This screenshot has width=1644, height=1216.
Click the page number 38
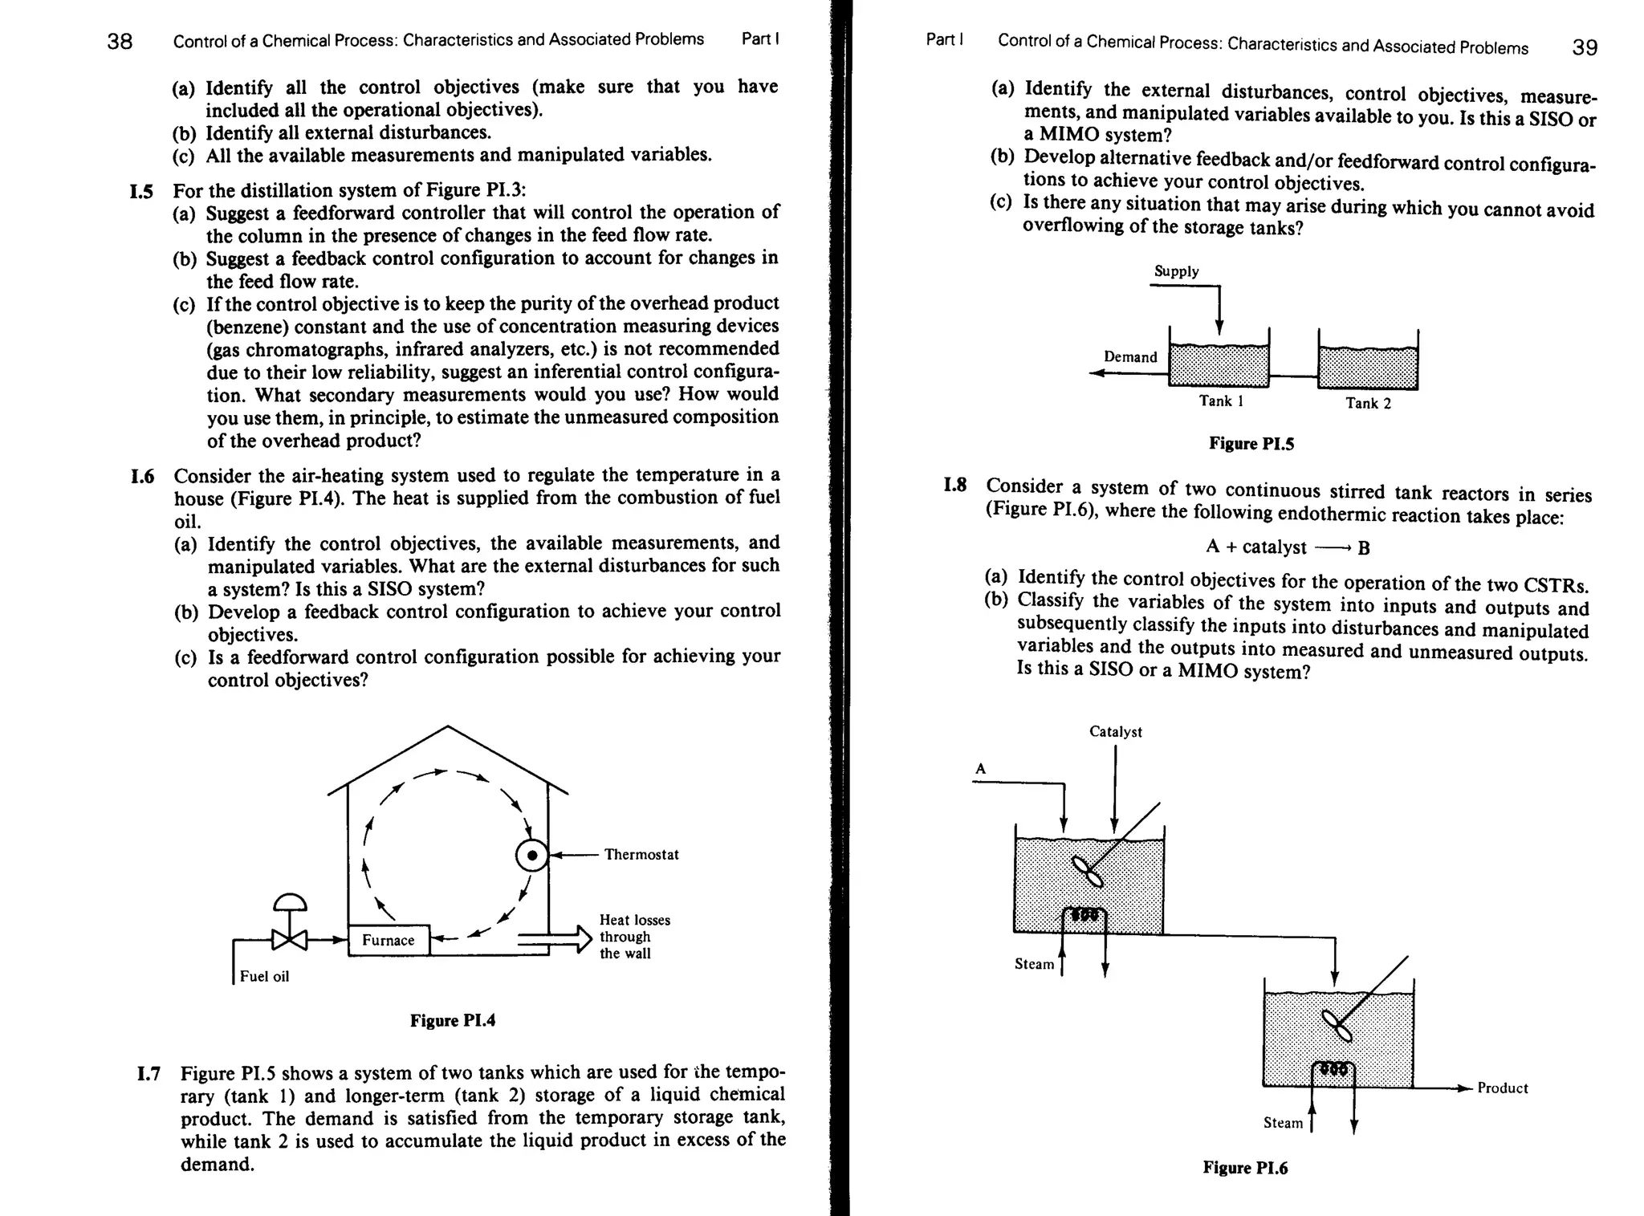coord(120,41)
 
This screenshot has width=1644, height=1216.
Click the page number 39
coord(1584,47)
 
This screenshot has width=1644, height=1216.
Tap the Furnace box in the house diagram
coord(389,940)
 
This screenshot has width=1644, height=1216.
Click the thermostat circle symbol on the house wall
coord(531,856)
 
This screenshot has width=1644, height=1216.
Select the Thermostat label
coord(641,855)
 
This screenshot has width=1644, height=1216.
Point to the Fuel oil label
coord(264,976)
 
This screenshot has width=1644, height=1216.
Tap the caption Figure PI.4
coord(453,1020)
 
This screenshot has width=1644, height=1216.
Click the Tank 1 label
coord(1221,401)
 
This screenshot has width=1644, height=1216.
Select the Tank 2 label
coord(1368,403)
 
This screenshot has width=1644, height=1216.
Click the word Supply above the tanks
coord(1176,271)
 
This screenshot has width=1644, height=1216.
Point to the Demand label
coord(1130,357)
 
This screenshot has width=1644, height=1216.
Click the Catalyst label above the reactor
coord(1115,731)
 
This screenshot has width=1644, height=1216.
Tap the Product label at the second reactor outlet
coord(1502,1088)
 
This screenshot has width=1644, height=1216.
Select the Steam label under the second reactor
coord(1283,1123)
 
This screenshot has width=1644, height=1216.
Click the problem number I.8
coord(954,485)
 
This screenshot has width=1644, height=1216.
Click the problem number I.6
coord(142,477)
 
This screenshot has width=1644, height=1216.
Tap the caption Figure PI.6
coord(1244,1168)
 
